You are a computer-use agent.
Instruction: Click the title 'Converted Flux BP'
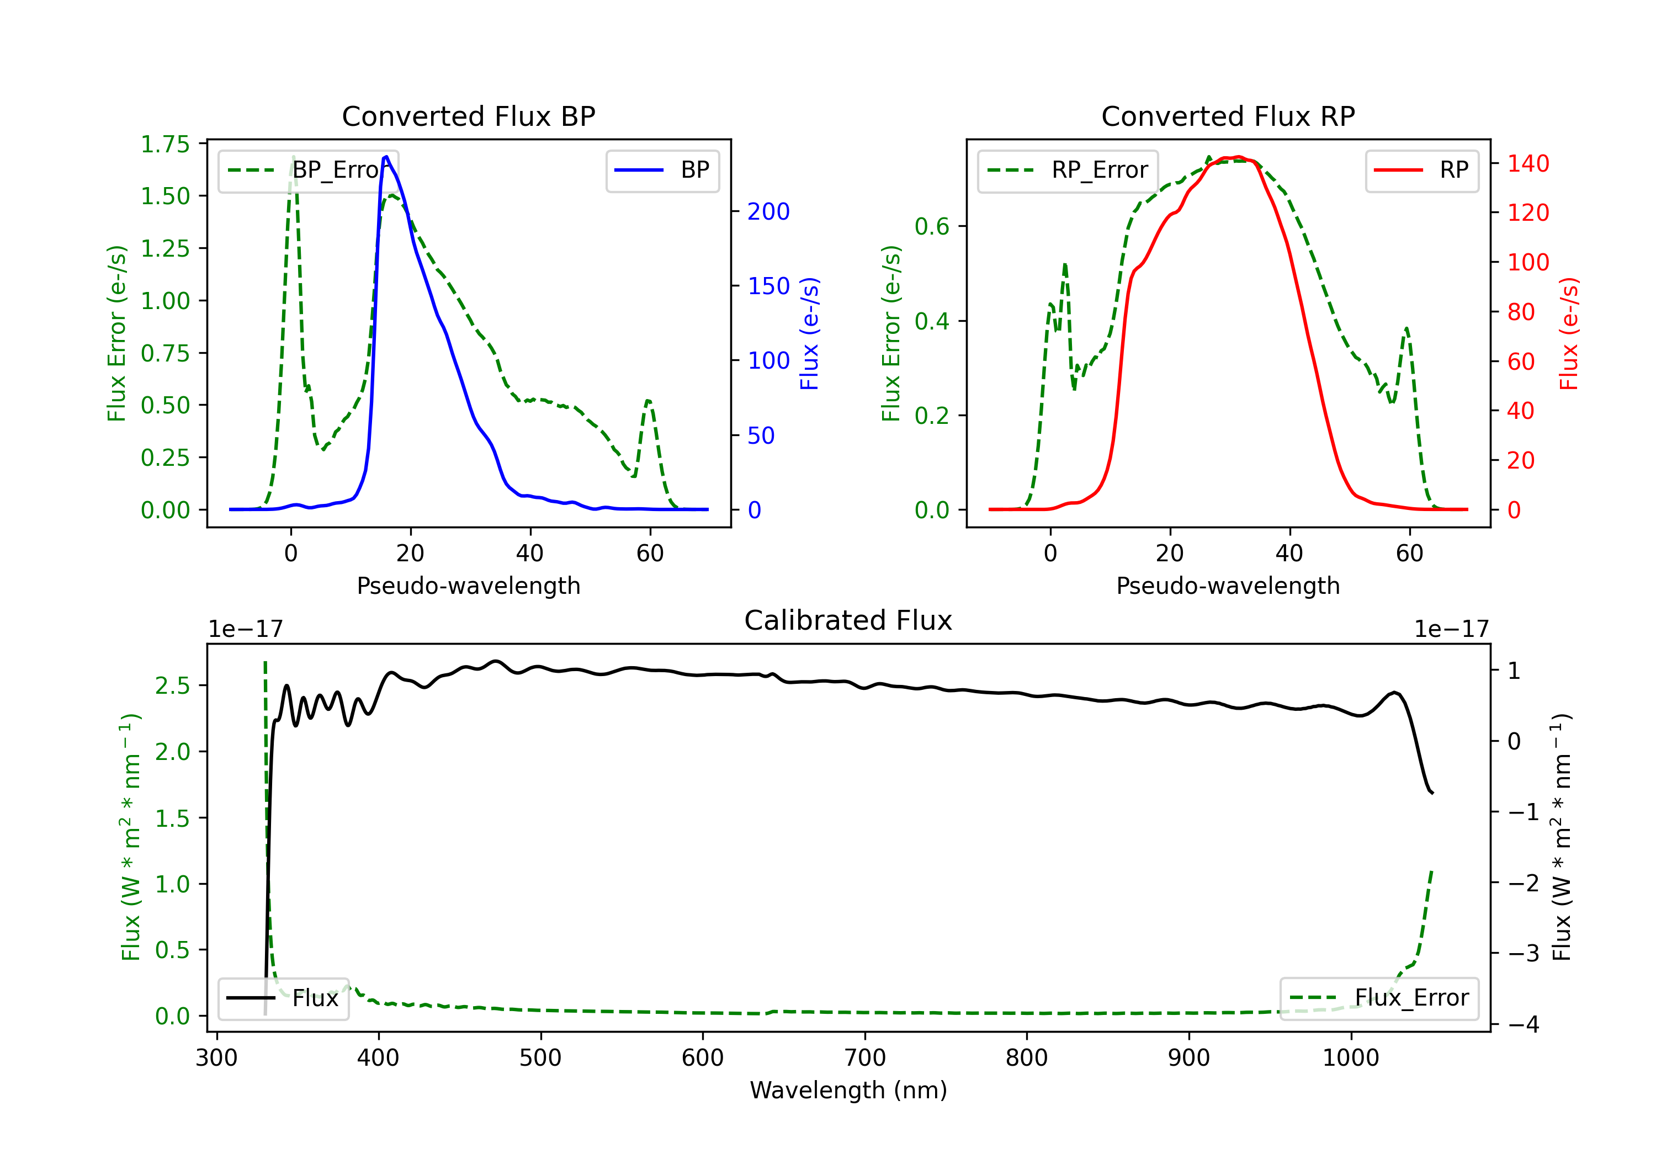[x=468, y=116]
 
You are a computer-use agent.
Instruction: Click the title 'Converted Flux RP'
[x=1228, y=116]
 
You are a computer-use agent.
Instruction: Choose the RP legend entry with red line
[x=1421, y=170]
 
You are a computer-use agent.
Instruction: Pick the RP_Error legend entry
[x=1068, y=170]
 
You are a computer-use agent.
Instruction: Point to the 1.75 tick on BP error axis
[x=165, y=144]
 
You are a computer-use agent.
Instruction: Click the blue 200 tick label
[x=768, y=211]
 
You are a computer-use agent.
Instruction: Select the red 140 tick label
[x=1527, y=164]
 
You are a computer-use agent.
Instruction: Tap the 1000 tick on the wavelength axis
[x=1350, y=1058]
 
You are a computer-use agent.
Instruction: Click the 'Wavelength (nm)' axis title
[x=848, y=1091]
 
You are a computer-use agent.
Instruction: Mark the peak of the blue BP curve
[x=386, y=157]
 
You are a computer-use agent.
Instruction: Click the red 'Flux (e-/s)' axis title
[x=1569, y=333]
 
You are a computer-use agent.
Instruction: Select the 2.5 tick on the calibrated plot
[x=172, y=685]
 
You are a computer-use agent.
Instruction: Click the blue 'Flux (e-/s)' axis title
[x=809, y=333]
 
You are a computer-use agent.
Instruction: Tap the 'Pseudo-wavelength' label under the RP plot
[x=1228, y=586]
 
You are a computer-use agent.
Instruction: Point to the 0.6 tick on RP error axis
[x=931, y=226]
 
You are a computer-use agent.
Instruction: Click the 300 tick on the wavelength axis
[x=216, y=1058]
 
